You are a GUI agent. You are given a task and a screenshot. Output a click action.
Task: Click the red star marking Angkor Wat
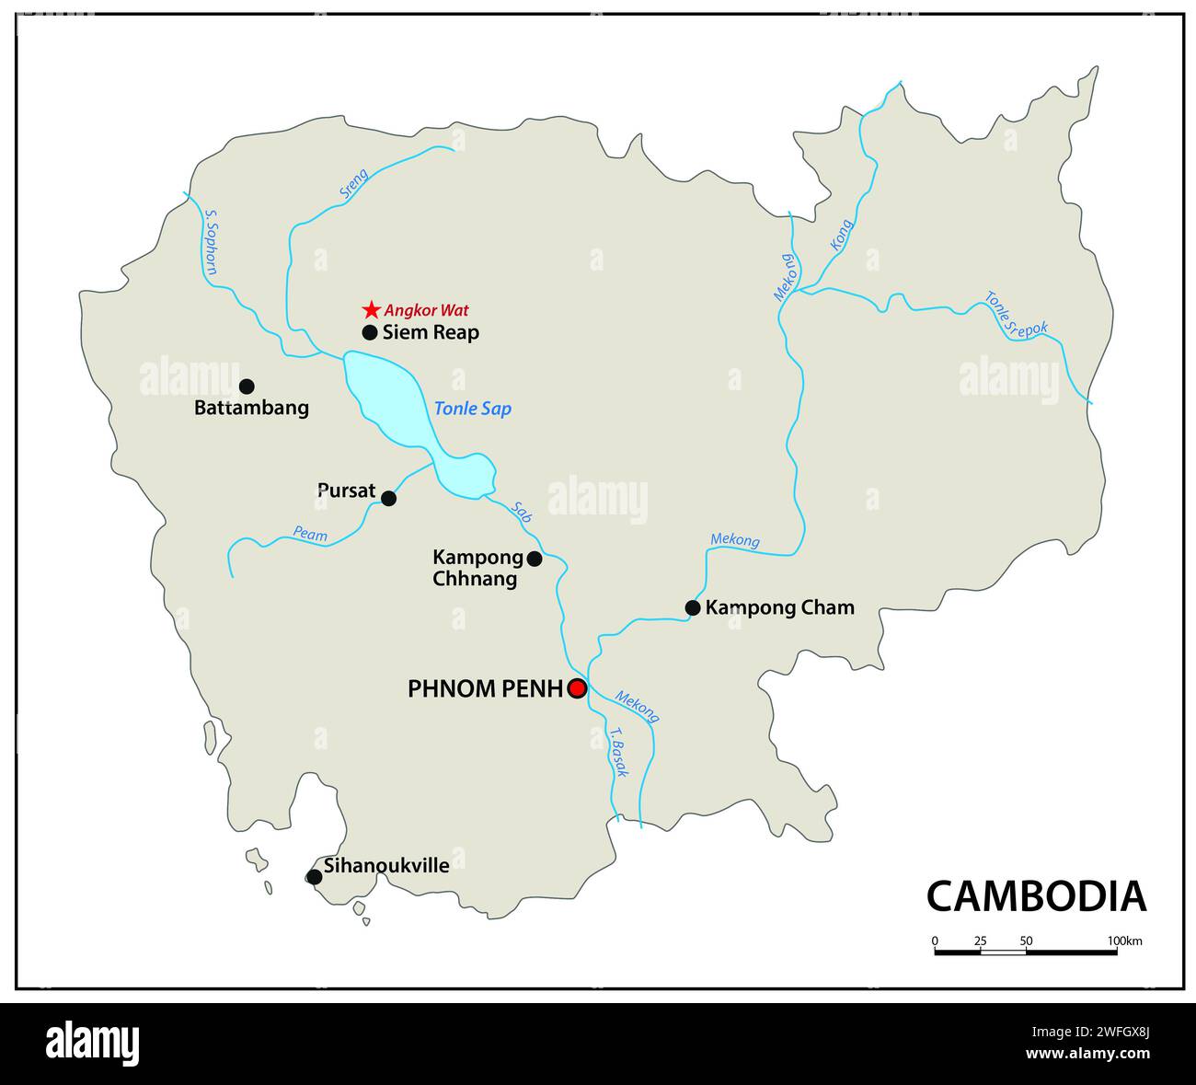[370, 310]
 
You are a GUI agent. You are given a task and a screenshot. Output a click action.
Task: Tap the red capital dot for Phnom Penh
[577, 688]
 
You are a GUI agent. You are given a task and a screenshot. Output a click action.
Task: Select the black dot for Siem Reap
[370, 332]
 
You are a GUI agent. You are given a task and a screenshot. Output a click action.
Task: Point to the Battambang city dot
[247, 387]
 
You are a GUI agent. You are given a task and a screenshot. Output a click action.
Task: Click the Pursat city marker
[388, 499]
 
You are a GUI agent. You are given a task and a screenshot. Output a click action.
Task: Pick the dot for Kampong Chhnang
[535, 559]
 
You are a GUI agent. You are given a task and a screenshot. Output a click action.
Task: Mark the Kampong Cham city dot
[693, 607]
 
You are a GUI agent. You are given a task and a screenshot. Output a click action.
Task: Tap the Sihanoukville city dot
[315, 877]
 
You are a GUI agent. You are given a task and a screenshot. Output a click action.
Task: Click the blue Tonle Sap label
[473, 409]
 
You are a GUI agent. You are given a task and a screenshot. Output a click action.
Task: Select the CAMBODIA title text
[1036, 896]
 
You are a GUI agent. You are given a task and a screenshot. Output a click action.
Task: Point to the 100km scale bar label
[1124, 941]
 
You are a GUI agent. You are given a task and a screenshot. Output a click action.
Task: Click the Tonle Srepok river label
[1016, 316]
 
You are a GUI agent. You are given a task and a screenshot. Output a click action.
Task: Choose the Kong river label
[841, 235]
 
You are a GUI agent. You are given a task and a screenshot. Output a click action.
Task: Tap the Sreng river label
[353, 184]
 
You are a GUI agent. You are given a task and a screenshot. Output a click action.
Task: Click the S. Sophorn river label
[210, 243]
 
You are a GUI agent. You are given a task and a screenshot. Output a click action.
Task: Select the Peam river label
[310, 533]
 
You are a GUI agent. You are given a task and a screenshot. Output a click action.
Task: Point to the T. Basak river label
[617, 754]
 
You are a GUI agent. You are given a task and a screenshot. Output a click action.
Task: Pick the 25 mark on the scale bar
[980, 941]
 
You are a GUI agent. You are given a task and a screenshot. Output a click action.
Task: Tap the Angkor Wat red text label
[426, 311]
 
